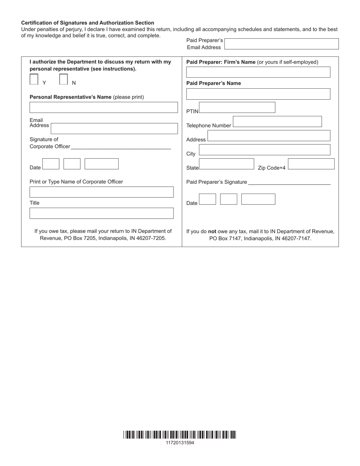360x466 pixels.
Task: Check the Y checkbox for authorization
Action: click(x=34, y=79)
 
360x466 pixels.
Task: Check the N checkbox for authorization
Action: click(x=64, y=79)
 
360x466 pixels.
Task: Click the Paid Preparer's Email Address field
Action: click(x=282, y=44)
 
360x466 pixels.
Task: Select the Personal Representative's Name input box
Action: click(x=103, y=108)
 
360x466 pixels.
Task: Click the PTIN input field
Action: click(x=237, y=108)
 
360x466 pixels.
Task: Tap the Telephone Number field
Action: click(x=277, y=122)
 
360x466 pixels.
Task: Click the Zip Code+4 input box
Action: click(x=311, y=164)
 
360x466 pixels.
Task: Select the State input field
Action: click(x=227, y=164)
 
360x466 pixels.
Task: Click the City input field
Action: click(x=265, y=150)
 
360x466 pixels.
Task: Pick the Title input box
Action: click(x=102, y=213)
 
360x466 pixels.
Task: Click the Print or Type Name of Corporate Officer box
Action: click(x=102, y=192)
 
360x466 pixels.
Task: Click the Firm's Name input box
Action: click(x=258, y=72)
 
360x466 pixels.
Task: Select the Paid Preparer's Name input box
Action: click(x=258, y=94)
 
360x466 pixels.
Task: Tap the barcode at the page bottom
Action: click(x=180, y=435)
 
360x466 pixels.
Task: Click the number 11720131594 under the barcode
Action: click(x=180, y=443)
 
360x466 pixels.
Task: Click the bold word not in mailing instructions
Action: click(x=212, y=231)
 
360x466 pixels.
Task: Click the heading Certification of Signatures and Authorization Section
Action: click(x=88, y=23)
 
